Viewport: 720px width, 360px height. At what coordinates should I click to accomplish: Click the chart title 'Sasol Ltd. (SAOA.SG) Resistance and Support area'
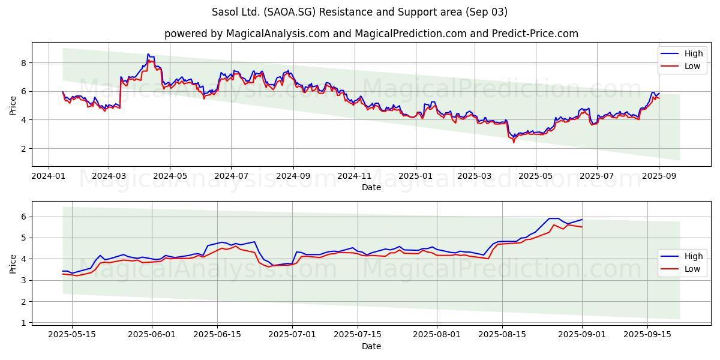[x=360, y=12]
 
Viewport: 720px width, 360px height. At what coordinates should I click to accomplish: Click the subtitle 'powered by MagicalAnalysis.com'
[x=247, y=34]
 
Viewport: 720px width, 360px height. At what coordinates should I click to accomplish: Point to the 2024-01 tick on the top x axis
[x=49, y=176]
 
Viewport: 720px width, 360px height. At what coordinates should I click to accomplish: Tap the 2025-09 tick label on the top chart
[x=659, y=176]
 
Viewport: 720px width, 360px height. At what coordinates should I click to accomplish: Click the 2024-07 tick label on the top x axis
[x=232, y=176]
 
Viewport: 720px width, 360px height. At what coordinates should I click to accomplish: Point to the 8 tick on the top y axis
[x=23, y=63]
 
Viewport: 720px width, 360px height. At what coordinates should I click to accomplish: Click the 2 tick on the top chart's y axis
[x=23, y=149]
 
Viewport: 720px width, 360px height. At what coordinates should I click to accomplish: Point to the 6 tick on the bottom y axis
[x=23, y=217]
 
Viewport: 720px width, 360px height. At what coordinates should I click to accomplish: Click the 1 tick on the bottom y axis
[x=23, y=323]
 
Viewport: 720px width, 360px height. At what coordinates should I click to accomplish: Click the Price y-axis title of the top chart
[x=13, y=105]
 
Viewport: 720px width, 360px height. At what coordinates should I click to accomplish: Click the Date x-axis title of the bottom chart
[x=371, y=346]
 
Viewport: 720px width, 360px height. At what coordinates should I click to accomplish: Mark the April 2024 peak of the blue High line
[x=148, y=54]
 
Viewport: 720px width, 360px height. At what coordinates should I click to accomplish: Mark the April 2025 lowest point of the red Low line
[x=513, y=142]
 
